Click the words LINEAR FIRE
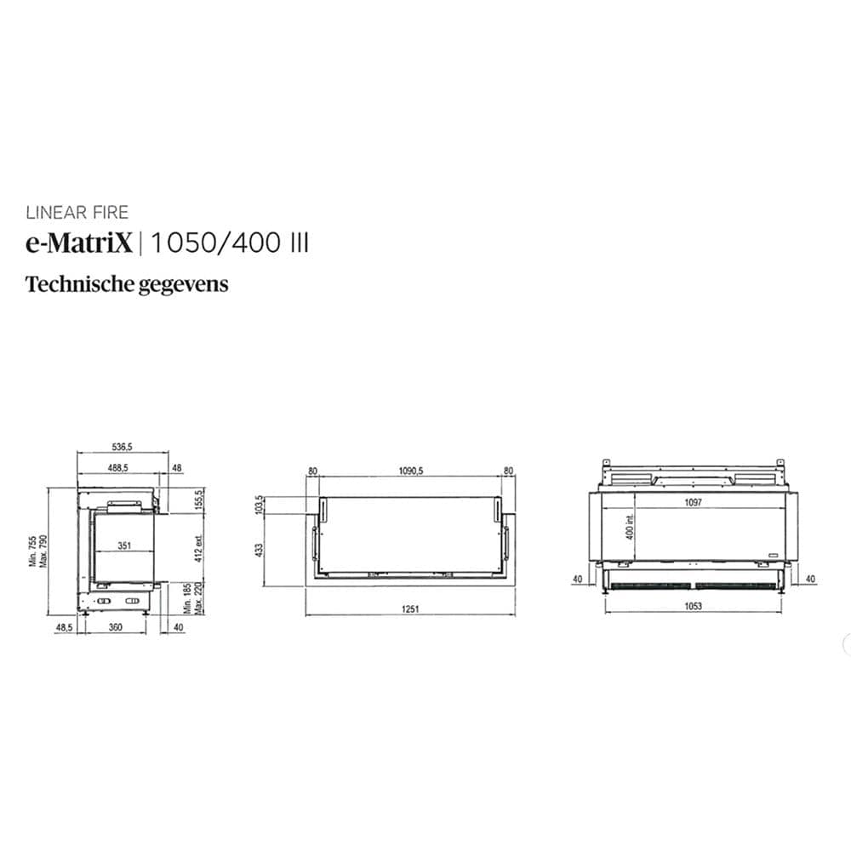tap(77, 213)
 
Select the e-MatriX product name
tap(79, 243)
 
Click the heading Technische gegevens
tap(127, 283)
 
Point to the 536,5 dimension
tap(123, 445)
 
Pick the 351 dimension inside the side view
tap(123, 547)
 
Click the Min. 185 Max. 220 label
tap(193, 599)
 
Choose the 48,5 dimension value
tap(63, 627)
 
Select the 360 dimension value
tap(116, 627)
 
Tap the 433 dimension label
tap(260, 551)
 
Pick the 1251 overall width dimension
tap(411, 609)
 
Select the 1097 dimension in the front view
tap(692, 503)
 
